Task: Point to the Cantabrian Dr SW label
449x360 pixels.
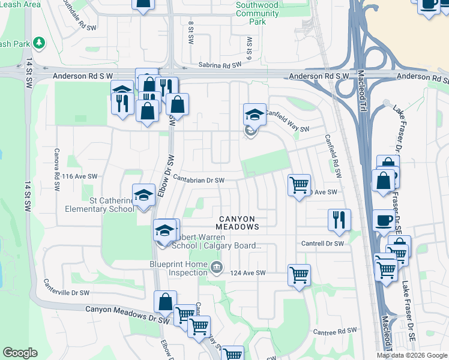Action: [199, 180]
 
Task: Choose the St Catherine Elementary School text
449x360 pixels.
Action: [100, 205]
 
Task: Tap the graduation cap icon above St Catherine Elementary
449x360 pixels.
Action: [143, 196]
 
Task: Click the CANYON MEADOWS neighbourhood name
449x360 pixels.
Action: [238, 223]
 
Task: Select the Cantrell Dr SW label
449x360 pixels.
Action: [322, 244]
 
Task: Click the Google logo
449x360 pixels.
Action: [20, 353]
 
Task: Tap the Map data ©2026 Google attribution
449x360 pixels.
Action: [412, 355]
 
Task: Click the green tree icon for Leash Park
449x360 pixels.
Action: [39, 43]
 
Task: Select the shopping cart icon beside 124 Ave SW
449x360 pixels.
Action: [299, 275]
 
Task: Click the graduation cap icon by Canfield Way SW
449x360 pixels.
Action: [254, 114]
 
